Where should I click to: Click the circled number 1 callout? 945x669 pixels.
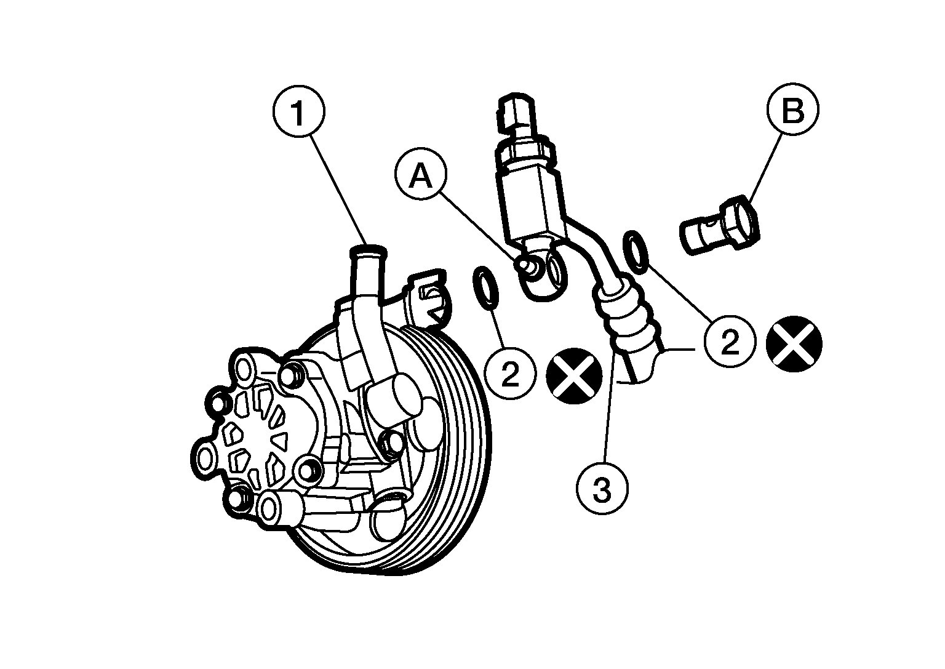tap(299, 110)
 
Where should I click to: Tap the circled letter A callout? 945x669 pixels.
tap(421, 174)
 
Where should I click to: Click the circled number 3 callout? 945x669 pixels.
tap(602, 488)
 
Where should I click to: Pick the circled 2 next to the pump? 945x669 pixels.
tap(511, 372)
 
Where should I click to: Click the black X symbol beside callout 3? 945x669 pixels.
tap(574, 375)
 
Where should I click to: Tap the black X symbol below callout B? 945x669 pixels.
tap(794, 343)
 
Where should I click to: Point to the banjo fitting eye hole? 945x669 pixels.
tap(554, 274)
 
